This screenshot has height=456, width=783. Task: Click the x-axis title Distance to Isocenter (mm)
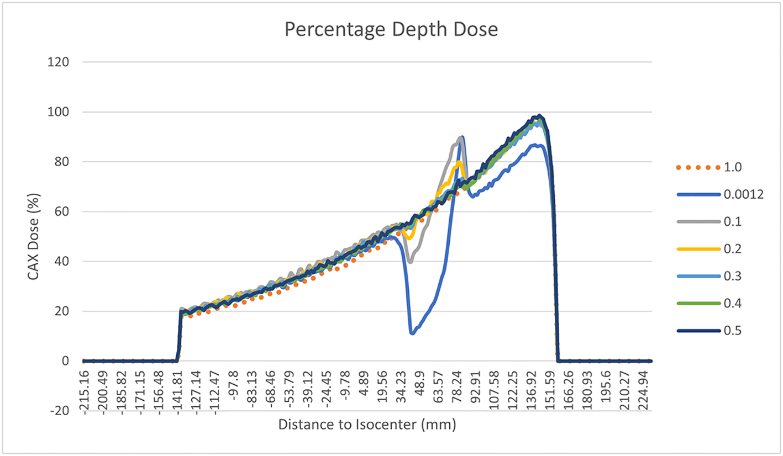(x=367, y=425)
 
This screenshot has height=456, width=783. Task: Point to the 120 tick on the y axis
(x=64, y=62)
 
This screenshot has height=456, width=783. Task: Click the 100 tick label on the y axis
(x=64, y=112)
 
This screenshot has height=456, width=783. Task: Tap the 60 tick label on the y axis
(x=67, y=212)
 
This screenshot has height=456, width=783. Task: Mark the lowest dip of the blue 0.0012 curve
(x=412, y=333)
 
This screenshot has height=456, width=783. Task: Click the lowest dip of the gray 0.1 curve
(x=410, y=262)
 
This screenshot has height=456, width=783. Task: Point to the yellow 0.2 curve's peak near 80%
(x=459, y=162)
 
